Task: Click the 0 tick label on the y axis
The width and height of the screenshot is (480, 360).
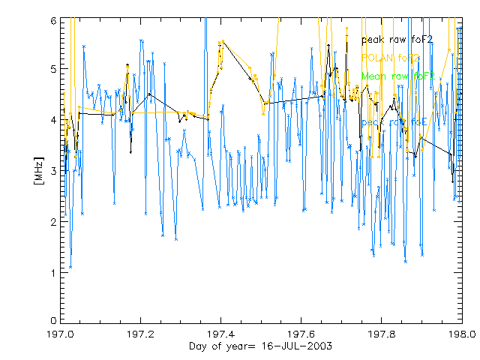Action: (52, 320)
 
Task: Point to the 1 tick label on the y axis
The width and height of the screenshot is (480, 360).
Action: (52, 272)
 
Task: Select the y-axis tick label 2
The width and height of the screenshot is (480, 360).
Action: (52, 222)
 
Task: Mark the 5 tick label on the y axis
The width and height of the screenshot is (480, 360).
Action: (52, 70)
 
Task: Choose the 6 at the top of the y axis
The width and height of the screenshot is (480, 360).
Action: (52, 21)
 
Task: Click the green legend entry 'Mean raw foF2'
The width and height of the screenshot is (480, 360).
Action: (397, 76)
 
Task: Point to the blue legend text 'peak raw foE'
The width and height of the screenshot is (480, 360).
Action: (394, 121)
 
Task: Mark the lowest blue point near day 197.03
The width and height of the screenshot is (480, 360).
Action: (70, 267)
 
